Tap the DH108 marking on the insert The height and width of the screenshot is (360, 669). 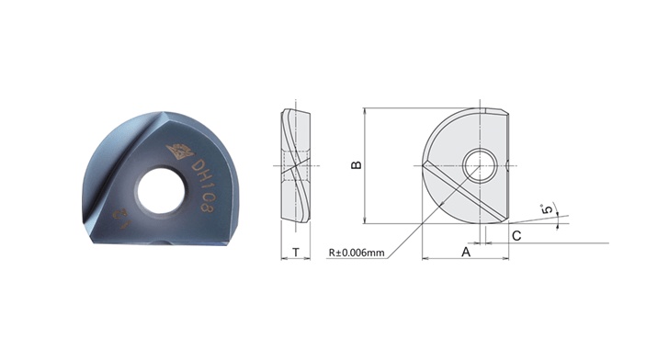(203, 183)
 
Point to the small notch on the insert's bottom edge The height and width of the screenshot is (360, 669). (168, 244)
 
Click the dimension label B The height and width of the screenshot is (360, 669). (357, 164)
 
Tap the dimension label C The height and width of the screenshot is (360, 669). (516, 235)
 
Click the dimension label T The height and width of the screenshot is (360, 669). (296, 251)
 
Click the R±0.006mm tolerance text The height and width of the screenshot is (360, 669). (358, 252)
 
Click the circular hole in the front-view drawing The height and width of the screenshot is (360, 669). (478, 166)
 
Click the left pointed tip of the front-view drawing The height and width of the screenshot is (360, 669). (424, 164)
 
